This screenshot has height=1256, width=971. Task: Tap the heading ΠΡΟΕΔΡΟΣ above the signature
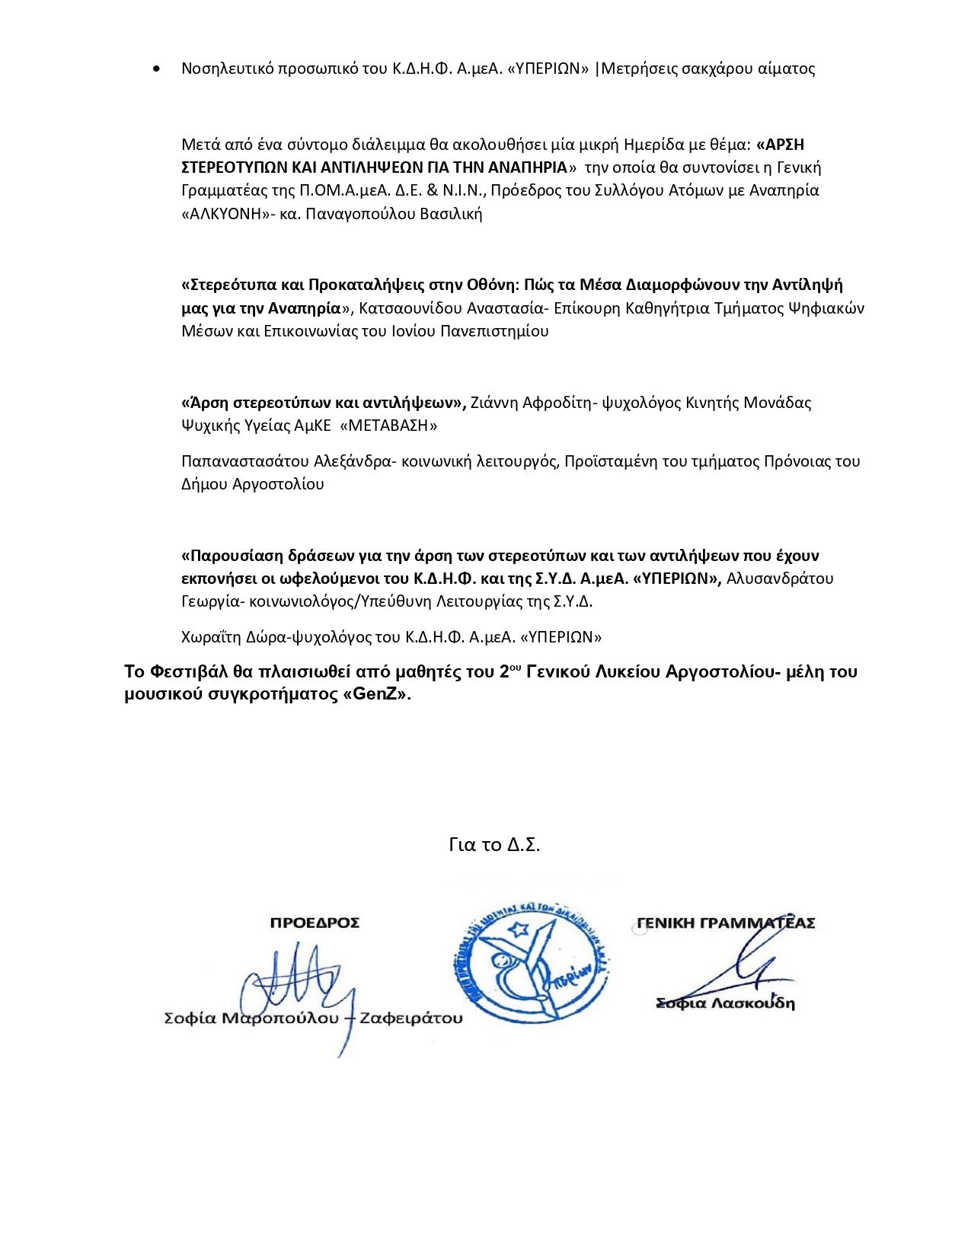click(315, 923)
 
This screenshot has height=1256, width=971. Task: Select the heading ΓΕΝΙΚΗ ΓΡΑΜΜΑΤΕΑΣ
click(726, 923)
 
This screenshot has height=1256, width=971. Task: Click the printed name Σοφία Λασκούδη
click(725, 1003)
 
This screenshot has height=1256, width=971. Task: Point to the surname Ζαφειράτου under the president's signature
click(410, 1019)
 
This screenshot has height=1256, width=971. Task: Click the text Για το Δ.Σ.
click(494, 845)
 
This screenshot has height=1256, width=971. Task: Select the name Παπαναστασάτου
click(244, 461)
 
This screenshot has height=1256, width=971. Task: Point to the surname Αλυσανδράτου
click(780, 579)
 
